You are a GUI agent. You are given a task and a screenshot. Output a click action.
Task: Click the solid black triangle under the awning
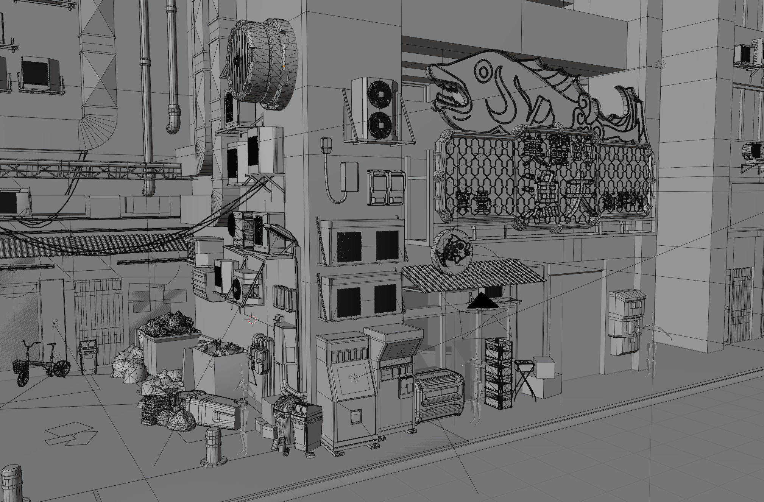click(x=483, y=302)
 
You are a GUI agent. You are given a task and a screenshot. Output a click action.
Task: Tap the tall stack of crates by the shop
click(x=498, y=373)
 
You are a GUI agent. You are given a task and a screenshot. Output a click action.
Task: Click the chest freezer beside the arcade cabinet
click(x=439, y=392)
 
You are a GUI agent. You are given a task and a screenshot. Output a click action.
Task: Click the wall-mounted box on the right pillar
click(x=627, y=322)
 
